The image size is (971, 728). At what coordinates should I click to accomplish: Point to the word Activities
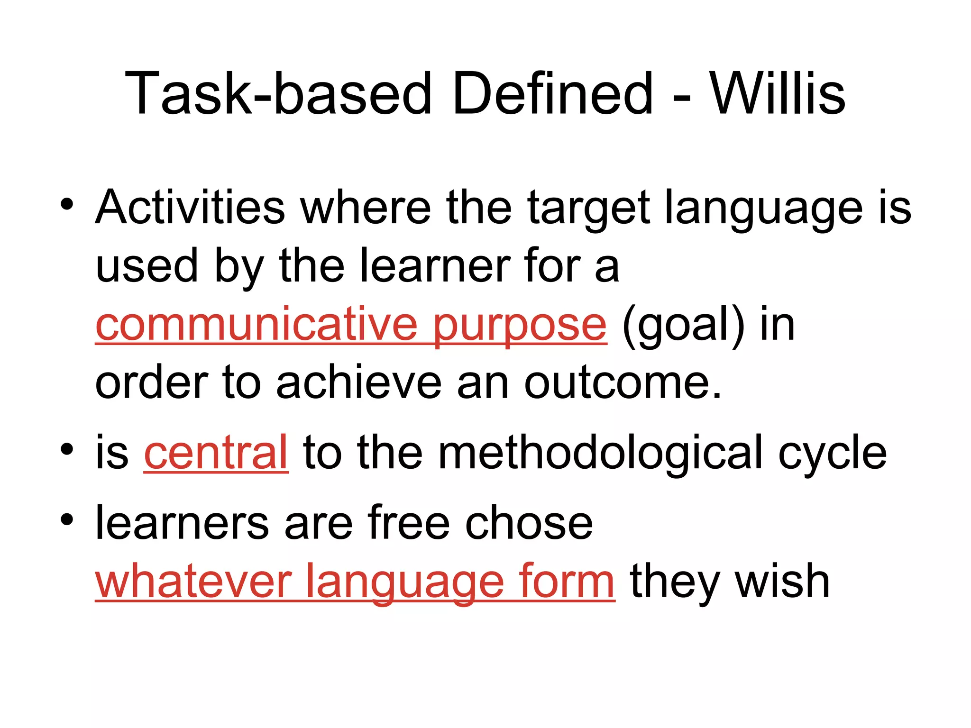pos(190,208)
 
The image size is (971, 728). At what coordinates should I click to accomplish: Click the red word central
pos(216,453)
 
